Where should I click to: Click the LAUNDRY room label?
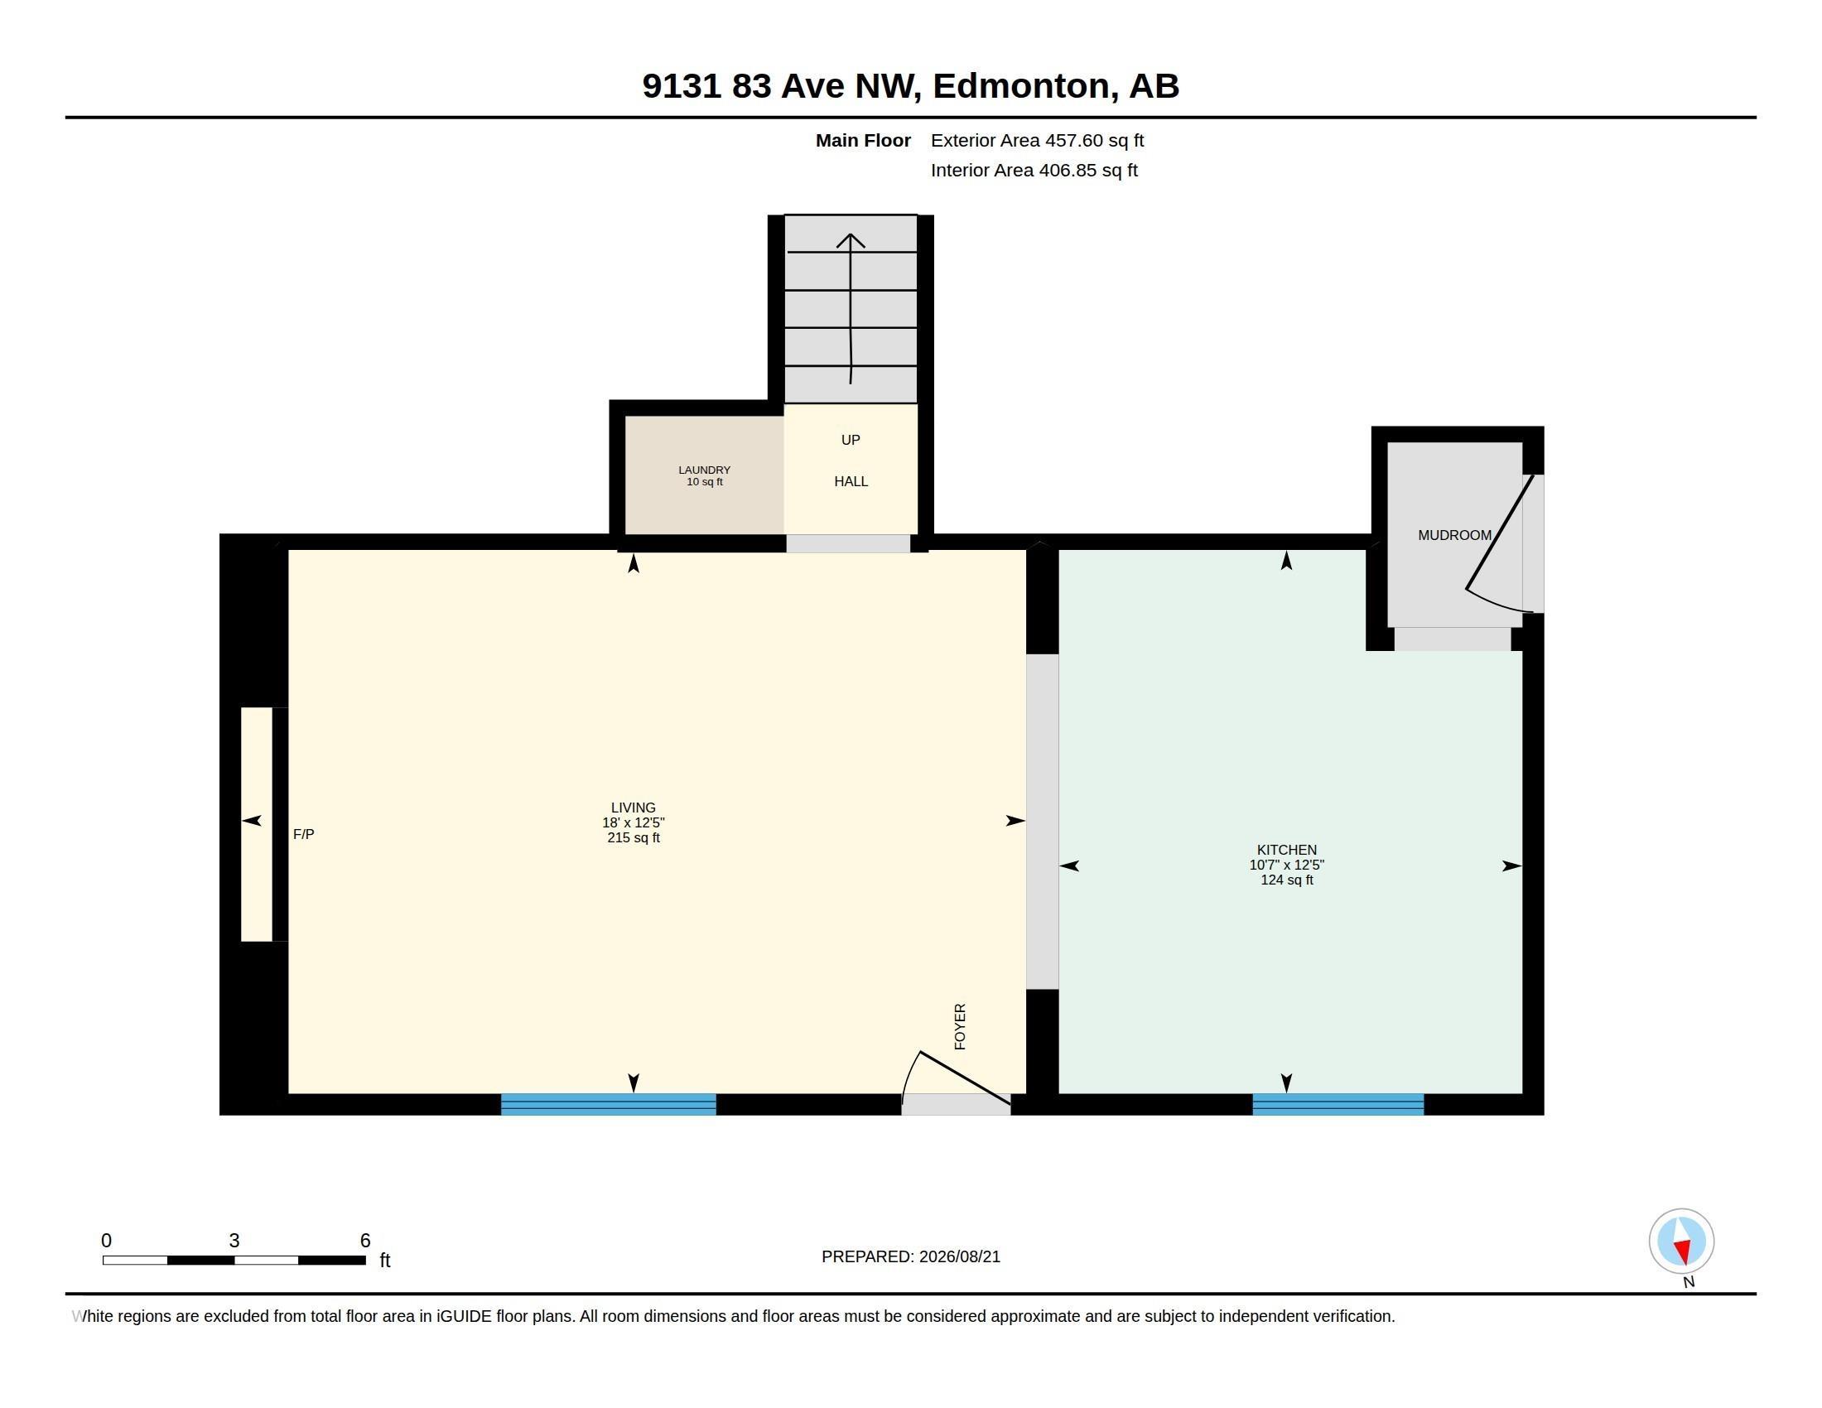[x=704, y=470]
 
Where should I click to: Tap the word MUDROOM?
[x=1454, y=536]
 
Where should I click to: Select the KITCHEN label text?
[x=1286, y=850]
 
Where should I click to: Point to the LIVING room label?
[x=634, y=808]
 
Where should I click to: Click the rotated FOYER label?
[x=959, y=1026]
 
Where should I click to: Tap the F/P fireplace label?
[x=304, y=834]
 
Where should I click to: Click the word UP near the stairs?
[x=850, y=440]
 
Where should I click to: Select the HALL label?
[x=851, y=481]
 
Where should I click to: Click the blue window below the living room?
[x=608, y=1103]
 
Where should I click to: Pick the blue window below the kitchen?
[x=1338, y=1103]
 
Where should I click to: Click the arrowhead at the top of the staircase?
[x=850, y=239]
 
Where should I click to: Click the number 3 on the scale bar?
[x=234, y=1241]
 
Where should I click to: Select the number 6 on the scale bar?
[x=364, y=1241]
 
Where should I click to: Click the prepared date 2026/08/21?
[x=959, y=1256]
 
